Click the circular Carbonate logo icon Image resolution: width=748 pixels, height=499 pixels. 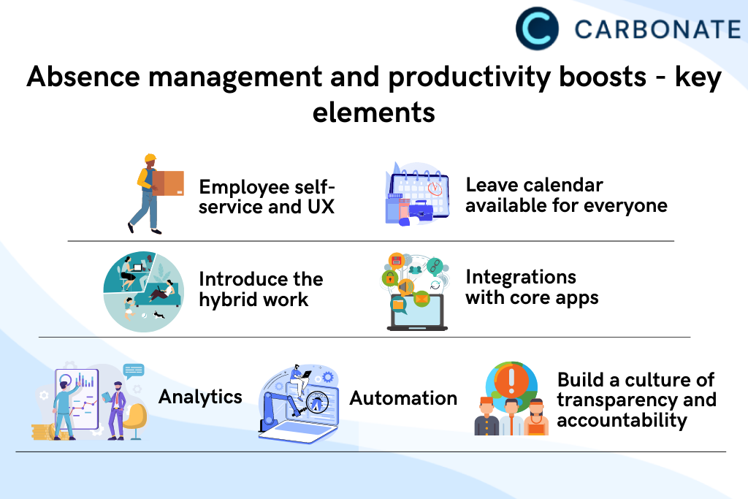[x=537, y=28]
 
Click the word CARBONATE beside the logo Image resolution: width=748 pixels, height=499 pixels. [x=658, y=29]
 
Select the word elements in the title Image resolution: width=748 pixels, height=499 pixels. [x=374, y=113]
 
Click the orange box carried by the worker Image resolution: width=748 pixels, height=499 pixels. [x=168, y=183]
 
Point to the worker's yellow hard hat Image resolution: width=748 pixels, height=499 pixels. [x=150, y=159]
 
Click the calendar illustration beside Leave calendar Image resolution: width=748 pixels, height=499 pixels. [x=417, y=193]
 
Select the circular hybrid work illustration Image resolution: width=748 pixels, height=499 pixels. [x=144, y=292]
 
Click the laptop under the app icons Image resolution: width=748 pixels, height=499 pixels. [x=417, y=313]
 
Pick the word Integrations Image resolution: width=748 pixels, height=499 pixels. [x=521, y=277]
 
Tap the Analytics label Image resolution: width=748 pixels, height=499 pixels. [x=200, y=397]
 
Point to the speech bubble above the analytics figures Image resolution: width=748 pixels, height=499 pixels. [x=134, y=370]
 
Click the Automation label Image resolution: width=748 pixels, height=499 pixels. [x=403, y=398]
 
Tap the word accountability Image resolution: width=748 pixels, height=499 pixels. [x=622, y=420]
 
